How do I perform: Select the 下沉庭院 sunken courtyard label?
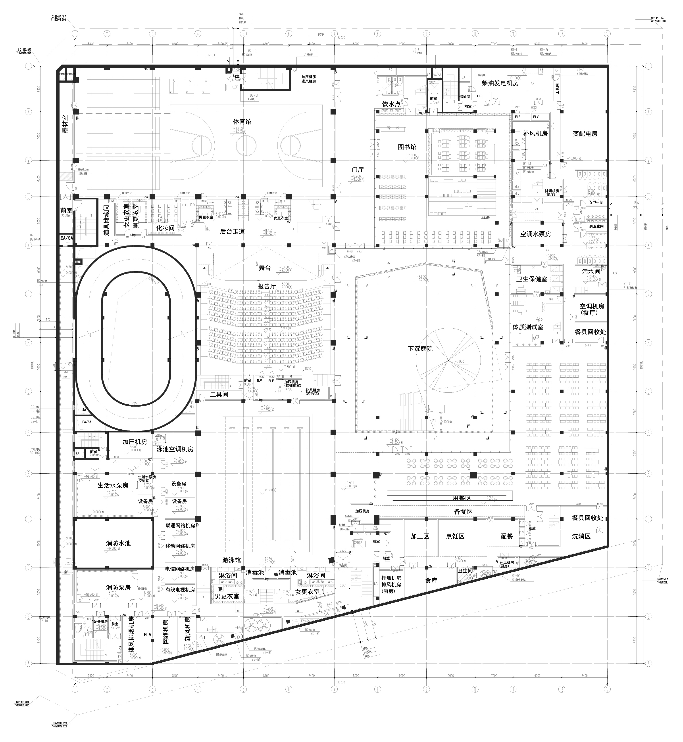[x=420, y=349]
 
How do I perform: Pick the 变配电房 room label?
[x=585, y=134]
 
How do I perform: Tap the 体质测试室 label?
[x=528, y=327]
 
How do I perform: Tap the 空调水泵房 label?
[x=535, y=234]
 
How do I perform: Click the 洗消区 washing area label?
[x=581, y=536]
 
